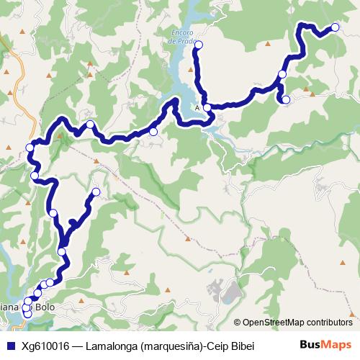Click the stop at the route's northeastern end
[335, 28]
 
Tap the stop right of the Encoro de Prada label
[199, 45]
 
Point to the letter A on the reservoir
[197, 108]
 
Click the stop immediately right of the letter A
[207, 108]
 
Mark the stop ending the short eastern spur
[286, 99]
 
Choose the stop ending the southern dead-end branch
[96, 192]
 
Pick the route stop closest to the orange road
[30, 148]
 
